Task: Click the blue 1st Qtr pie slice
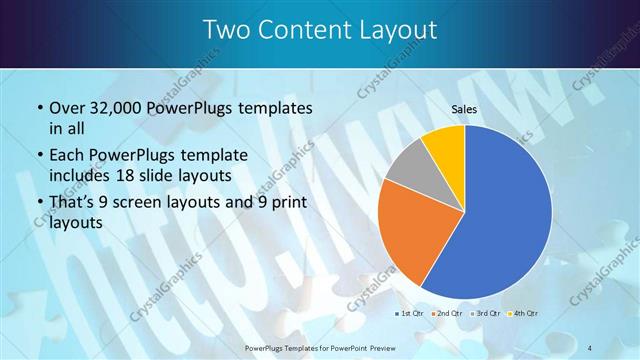pos(510,215)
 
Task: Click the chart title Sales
pos(463,108)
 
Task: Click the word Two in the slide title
pos(227,31)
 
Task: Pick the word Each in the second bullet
pos(67,155)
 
